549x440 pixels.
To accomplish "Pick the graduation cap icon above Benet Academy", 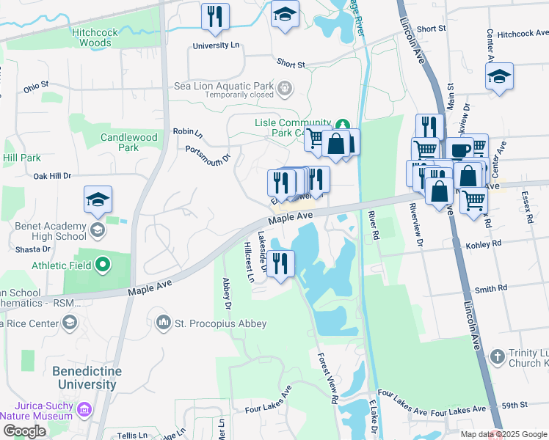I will (98, 199).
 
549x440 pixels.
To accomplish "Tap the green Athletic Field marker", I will (103, 263).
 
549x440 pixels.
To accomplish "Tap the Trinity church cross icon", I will (497, 357).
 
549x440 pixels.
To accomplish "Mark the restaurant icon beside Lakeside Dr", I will (280, 263).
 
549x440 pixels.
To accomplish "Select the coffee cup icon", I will (461, 150).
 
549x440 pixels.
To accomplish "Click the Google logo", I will (25, 431).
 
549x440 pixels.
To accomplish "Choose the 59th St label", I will (515, 405).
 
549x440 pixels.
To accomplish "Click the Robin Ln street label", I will (187, 132).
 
